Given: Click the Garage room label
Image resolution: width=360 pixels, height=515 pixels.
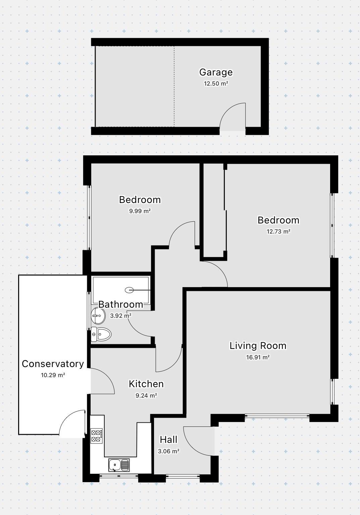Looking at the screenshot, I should (216, 72).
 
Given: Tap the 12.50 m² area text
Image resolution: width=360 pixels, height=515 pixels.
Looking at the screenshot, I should (216, 84).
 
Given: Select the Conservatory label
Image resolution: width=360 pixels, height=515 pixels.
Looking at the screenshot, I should (53, 364).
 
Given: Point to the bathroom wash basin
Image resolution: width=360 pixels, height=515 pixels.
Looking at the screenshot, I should (97, 315).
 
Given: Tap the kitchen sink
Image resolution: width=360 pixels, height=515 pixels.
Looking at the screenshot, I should (119, 465).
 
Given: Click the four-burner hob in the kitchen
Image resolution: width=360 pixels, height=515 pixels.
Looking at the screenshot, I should (97, 435).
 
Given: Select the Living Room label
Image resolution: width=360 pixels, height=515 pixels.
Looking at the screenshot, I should (258, 346).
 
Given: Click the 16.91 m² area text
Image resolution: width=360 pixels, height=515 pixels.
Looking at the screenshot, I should (258, 357).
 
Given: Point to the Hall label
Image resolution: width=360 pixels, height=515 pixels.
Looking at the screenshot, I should (168, 440).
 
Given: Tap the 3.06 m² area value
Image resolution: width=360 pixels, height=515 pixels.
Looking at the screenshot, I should (168, 451).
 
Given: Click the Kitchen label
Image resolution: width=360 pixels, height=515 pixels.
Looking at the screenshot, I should (146, 384).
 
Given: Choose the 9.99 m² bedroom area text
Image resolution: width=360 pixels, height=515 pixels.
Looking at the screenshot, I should (140, 211).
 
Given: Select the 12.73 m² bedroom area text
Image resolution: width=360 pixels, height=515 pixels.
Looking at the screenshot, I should (278, 231).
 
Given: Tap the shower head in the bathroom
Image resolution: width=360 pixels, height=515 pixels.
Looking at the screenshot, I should (130, 290).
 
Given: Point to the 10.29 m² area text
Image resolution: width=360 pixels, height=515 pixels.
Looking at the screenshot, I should (53, 375).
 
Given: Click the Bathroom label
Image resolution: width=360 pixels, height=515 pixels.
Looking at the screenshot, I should (120, 304).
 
